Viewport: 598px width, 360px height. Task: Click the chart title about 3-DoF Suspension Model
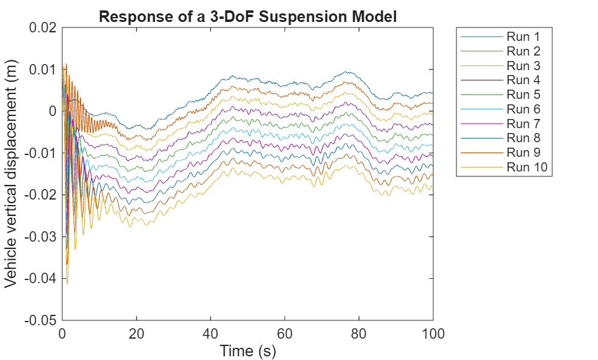(x=248, y=16)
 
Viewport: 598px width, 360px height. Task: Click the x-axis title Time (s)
(x=248, y=351)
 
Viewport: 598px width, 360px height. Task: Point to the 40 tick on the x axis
(x=211, y=333)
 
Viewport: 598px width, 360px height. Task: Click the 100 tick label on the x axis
(x=433, y=333)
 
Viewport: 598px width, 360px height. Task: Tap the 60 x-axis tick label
(x=284, y=333)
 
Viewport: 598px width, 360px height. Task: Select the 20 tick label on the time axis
(x=136, y=333)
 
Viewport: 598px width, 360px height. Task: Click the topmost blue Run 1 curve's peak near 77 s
(x=346, y=72)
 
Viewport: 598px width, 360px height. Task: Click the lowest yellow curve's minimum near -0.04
(x=67, y=283)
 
